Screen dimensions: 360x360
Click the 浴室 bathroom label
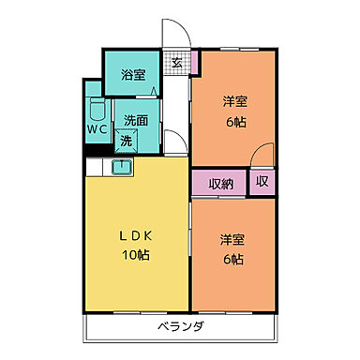pos(133,76)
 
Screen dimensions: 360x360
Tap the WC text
pos(97,128)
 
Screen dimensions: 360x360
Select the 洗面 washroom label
pos(136,120)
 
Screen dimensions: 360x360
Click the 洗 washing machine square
pos(126,141)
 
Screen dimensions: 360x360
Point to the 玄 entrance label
pos(176,63)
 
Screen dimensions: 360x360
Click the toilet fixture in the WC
pos(97,107)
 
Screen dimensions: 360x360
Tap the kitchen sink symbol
pos(122,167)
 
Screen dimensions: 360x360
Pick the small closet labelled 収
pos(262,182)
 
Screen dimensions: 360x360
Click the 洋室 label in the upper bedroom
pos(234,102)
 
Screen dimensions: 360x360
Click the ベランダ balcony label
pos(180,328)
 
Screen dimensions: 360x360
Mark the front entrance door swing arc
pos(178,34)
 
